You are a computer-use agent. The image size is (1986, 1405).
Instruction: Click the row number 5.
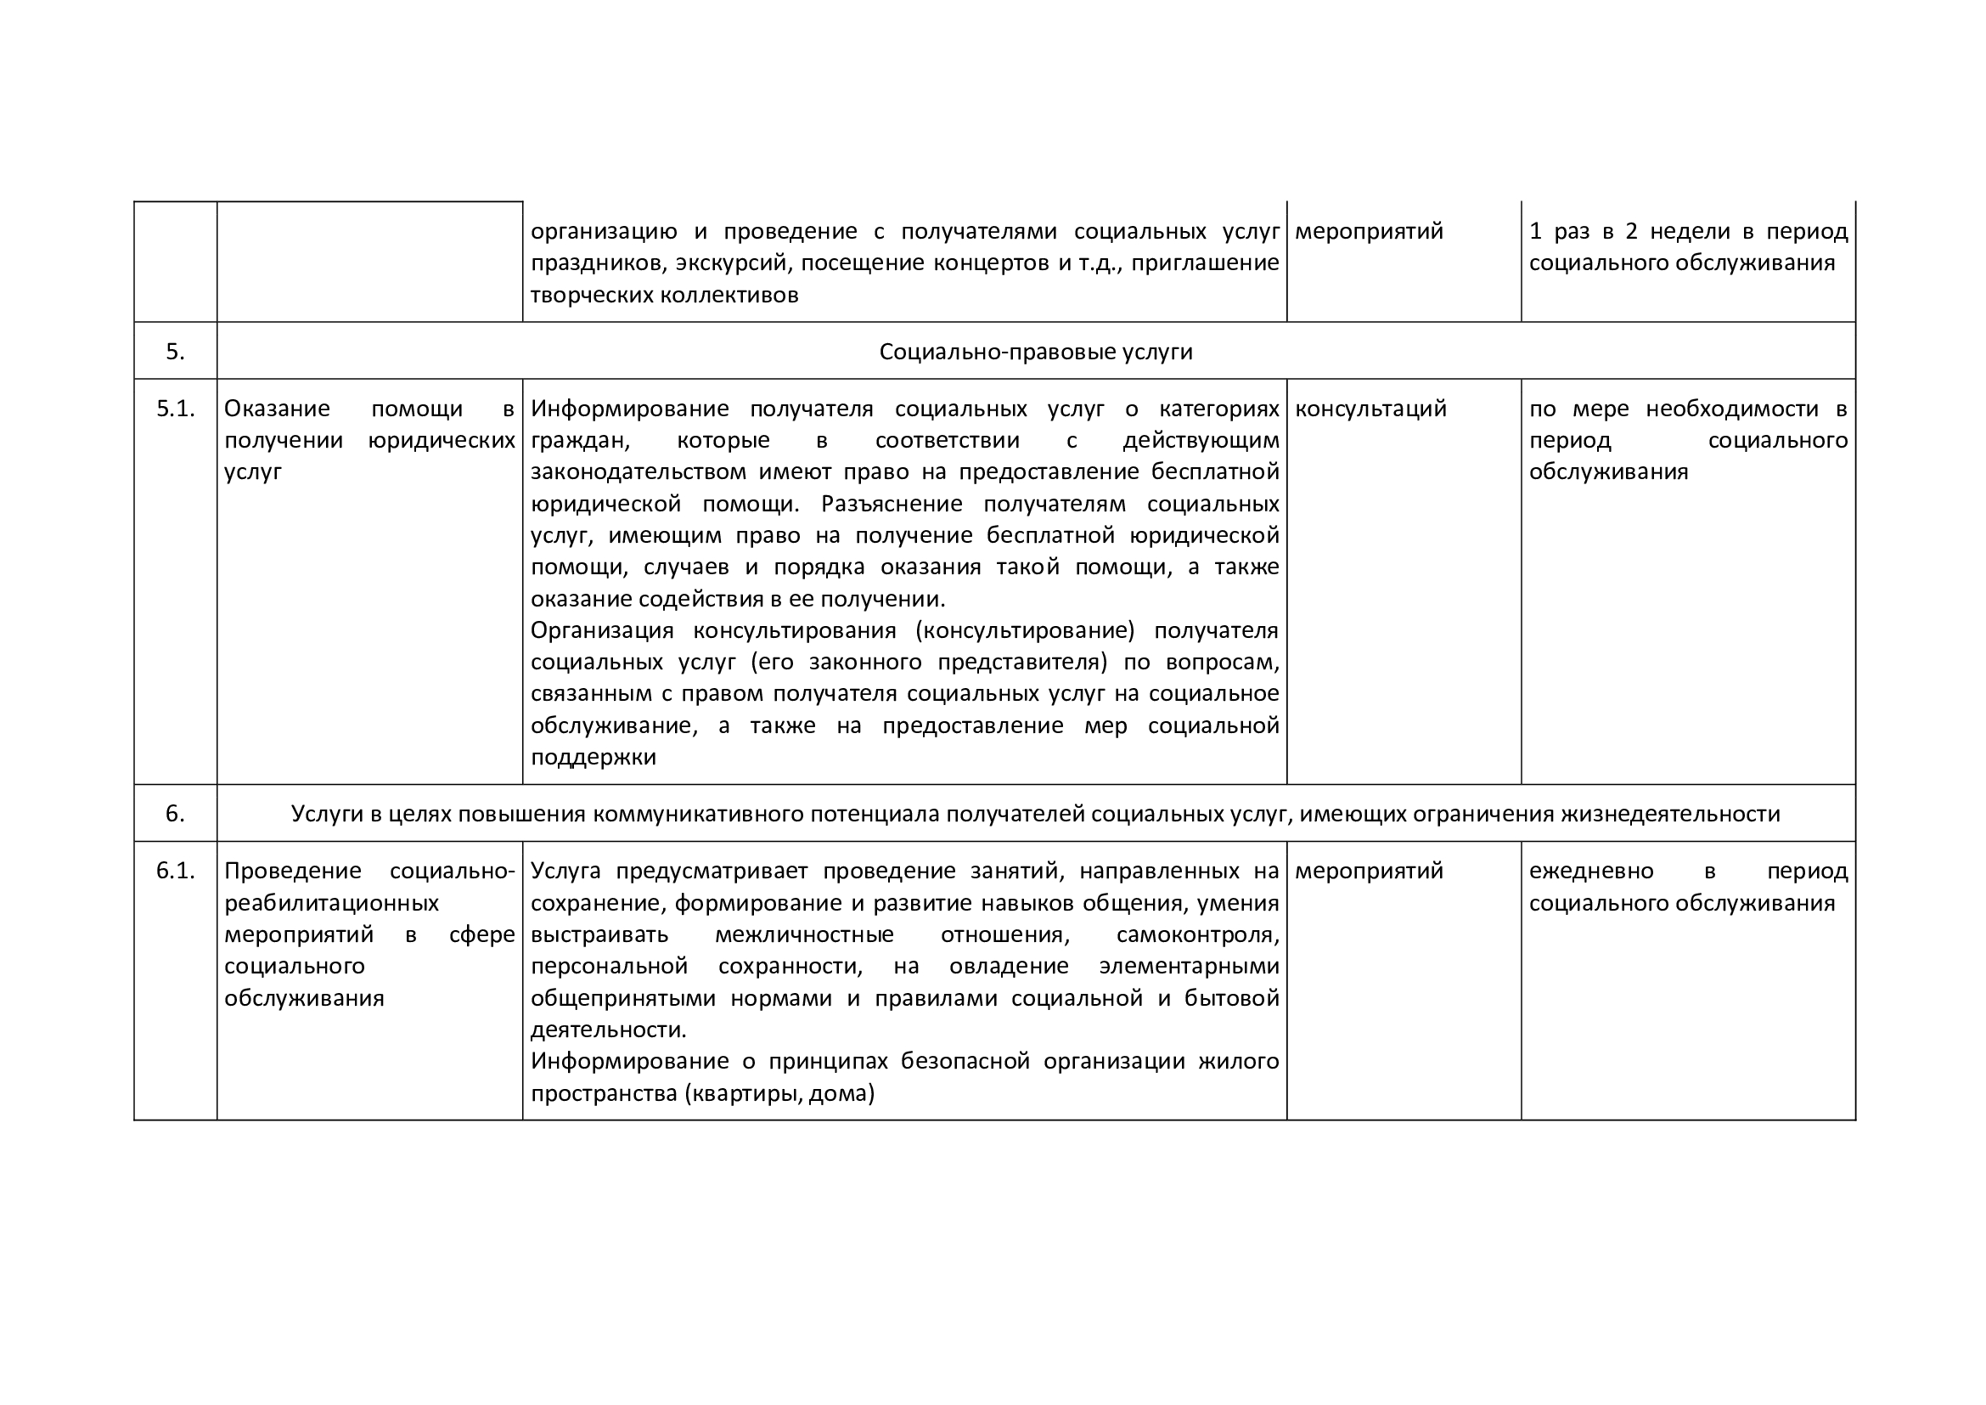(x=175, y=352)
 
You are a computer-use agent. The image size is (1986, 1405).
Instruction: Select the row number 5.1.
(x=176, y=409)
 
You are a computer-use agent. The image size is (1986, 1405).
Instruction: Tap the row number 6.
(x=175, y=813)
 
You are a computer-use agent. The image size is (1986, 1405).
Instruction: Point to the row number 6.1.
(x=176, y=871)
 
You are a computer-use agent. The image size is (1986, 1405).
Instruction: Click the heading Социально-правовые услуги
(x=1035, y=352)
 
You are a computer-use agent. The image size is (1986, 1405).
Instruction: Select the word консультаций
(x=1370, y=409)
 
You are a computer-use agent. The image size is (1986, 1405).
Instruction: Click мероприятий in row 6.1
(x=1369, y=871)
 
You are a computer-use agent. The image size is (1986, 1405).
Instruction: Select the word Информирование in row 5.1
(x=629, y=409)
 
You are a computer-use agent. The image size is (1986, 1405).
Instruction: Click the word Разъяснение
(x=891, y=504)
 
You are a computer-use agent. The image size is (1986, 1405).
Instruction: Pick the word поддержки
(x=593, y=757)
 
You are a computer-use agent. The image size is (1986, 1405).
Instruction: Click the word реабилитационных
(x=331, y=902)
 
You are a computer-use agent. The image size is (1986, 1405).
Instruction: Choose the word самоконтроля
(x=1197, y=934)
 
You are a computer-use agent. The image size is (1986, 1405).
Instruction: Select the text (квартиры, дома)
(x=779, y=1093)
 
